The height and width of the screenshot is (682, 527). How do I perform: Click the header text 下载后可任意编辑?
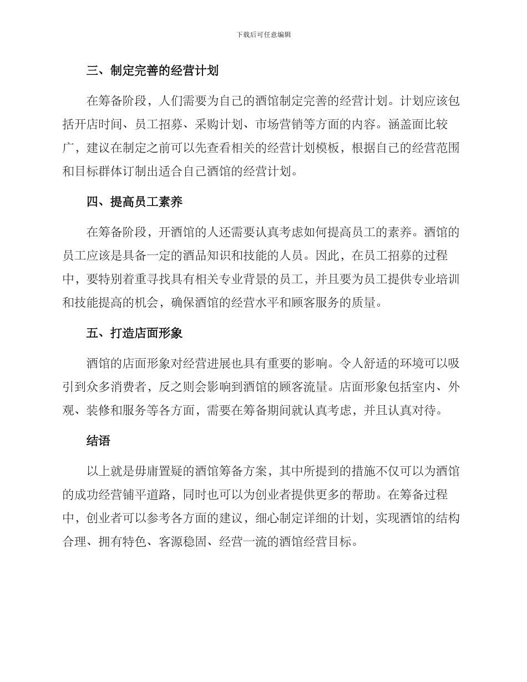[x=263, y=34]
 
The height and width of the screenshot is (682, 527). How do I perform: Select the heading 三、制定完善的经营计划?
[x=153, y=71]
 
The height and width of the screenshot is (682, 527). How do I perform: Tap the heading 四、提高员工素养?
[x=135, y=202]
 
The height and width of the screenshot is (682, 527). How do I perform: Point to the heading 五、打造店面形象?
[x=135, y=334]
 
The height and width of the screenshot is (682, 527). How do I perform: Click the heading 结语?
[x=99, y=441]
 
